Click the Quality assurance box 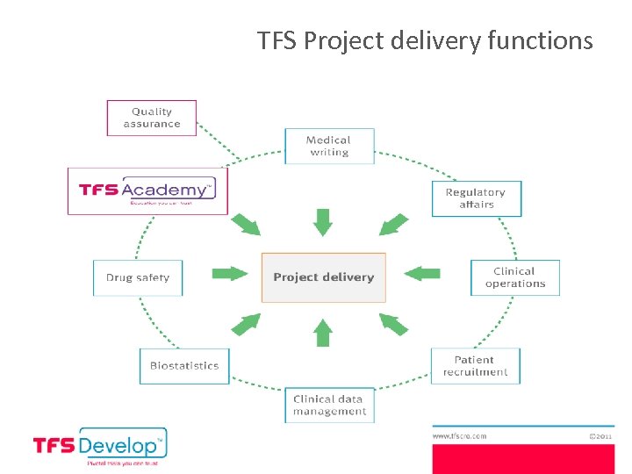click(151, 118)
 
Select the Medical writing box click(329, 146)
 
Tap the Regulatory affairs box click(477, 198)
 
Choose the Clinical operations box click(514, 277)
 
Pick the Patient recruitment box click(475, 366)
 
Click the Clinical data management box click(329, 405)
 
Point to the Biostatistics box click(183, 366)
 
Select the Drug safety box click(138, 277)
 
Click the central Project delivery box click(323, 277)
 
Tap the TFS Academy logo click(147, 190)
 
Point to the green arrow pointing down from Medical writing click(323, 222)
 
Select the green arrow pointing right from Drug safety click(230, 274)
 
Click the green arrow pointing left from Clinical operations click(423, 274)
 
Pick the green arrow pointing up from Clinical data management click(323, 332)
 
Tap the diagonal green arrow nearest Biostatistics click(247, 324)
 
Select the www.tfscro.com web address click(459, 435)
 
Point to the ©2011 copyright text click(600, 435)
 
